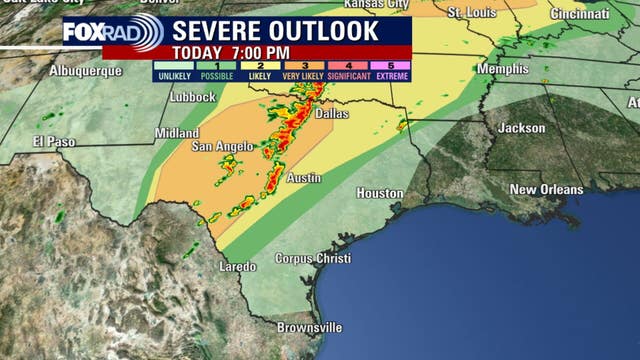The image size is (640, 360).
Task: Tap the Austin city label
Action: coord(304,178)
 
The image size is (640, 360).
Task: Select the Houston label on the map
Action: coord(380,193)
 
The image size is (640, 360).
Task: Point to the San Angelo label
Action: coord(222,147)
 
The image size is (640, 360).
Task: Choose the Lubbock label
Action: coord(192,97)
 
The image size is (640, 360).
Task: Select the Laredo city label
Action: coord(238,267)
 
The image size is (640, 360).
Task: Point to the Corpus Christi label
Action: coord(313,258)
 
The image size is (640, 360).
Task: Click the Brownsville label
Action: coord(309,327)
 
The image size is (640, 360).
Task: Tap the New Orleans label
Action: coord(545,189)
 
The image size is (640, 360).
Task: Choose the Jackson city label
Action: coord(522,128)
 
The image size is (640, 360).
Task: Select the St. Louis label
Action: coord(471,13)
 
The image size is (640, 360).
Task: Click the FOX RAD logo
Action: coord(112,31)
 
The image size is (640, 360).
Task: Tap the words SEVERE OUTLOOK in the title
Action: coord(277,30)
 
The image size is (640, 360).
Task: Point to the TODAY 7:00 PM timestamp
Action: coord(231,52)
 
